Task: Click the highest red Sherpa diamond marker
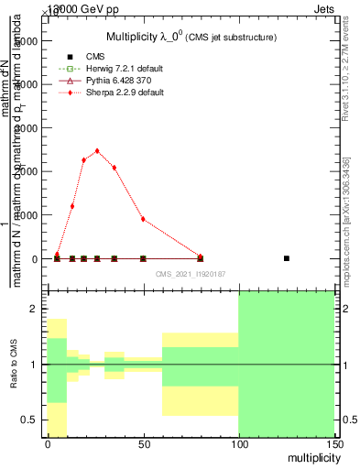[x=97, y=151]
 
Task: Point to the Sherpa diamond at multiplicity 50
[x=143, y=219]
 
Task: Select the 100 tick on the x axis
[x=238, y=443]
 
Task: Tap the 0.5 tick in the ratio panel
[x=30, y=420]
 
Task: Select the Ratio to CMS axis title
[x=14, y=365]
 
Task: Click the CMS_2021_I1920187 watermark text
[x=191, y=274]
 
